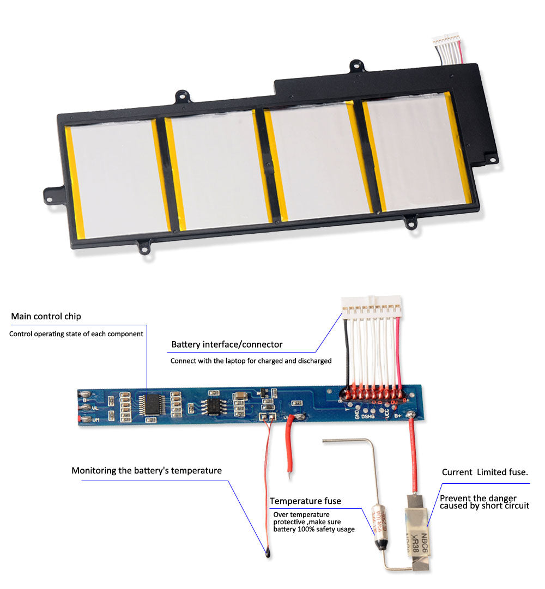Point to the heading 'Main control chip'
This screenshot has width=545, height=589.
click(46, 317)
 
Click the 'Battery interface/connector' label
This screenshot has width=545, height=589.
click(227, 344)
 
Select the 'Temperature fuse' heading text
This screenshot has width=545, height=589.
click(305, 501)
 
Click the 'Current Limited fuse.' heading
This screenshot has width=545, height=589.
click(485, 472)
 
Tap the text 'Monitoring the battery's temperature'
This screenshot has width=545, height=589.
click(147, 470)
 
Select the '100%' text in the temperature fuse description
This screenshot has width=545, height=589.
click(307, 529)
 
